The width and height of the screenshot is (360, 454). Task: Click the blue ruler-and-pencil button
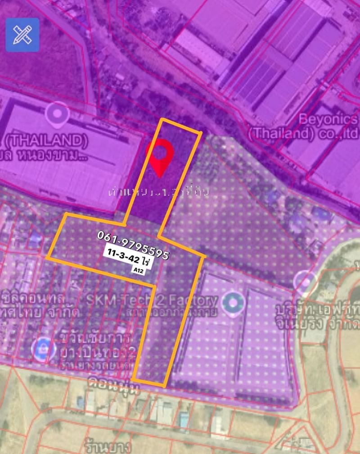22,35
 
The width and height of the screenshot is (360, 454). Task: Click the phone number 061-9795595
133,245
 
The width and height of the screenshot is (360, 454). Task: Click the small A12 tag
135,270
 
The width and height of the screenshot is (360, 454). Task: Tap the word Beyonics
329,120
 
